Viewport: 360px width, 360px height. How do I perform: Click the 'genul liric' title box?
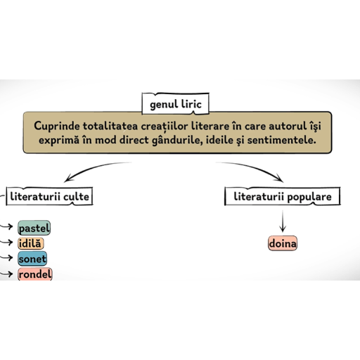[175, 104]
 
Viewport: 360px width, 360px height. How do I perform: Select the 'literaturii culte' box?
[49, 196]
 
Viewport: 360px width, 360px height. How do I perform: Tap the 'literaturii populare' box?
[283, 196]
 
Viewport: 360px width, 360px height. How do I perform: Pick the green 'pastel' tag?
[34, 228]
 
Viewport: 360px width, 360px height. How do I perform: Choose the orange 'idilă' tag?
[30, 243]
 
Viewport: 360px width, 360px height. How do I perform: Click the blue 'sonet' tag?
[32, 259]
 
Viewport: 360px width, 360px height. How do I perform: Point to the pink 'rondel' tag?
[35, 274]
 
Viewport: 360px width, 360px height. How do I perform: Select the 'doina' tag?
[283, 243]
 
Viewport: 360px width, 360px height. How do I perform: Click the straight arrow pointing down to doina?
[283, 221]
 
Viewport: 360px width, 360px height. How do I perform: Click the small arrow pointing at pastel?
[6, 226]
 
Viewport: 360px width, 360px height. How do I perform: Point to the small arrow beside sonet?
[6, 258]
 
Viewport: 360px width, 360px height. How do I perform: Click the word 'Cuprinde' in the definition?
[57, 127]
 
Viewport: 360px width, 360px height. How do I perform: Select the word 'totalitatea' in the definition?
[110, 126]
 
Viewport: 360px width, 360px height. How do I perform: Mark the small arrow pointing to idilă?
[6, 242]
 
